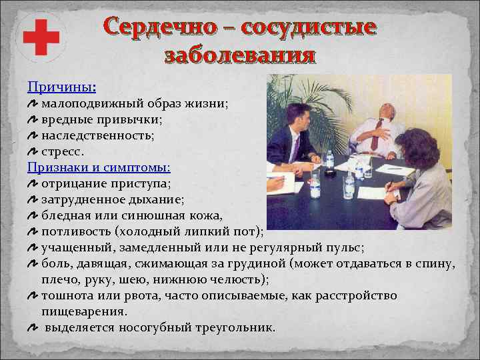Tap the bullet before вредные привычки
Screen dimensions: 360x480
(x=33, y=119)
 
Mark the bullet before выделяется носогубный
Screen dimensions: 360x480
(x=33, y=328)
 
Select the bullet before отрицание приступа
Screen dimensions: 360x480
(x=33, y=183)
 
